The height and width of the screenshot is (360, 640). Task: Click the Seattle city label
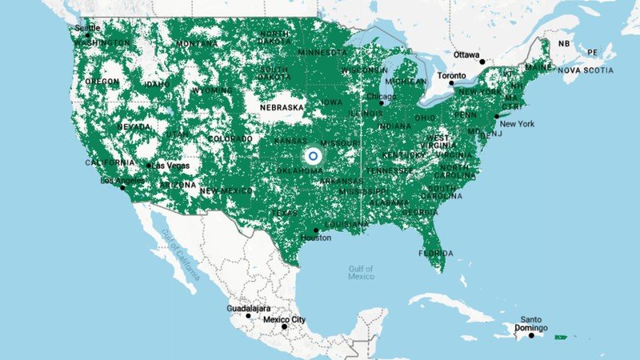click(x=87, y=28)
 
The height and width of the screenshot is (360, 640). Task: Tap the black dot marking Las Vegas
click(x=149, y=166)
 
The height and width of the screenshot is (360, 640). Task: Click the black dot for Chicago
click(x=382, y=102)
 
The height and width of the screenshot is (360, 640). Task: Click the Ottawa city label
click(x=467, y=54)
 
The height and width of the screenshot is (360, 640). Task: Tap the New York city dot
click(x=497, y=117)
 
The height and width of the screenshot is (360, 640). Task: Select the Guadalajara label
click(x=248, y=308)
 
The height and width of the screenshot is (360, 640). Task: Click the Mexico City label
click(x=285, y=320)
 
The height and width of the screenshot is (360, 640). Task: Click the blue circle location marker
click(x=313, y=155)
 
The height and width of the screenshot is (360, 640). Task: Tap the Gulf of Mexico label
click(x=361, y=272)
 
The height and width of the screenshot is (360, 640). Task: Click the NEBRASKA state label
click(x=280, y=106)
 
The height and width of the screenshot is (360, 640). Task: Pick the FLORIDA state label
click(x=435, y=254)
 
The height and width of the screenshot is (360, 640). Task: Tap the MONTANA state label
click(x=197, y=43)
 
